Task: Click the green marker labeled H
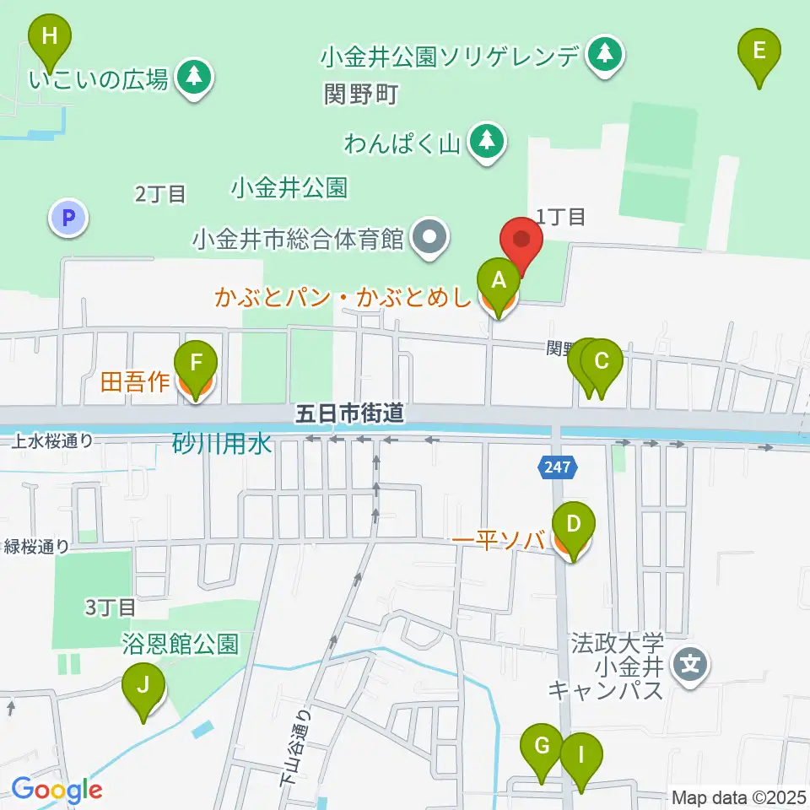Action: click(50, 38)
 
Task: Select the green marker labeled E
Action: click(759, 51)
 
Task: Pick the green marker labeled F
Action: click(196, 365)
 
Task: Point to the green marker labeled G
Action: click(541, 748)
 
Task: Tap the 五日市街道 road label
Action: click(349, 413)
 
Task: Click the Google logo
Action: click(57, 790)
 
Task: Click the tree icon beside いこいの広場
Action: click(195, 78)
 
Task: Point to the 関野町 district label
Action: click(360, 94)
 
